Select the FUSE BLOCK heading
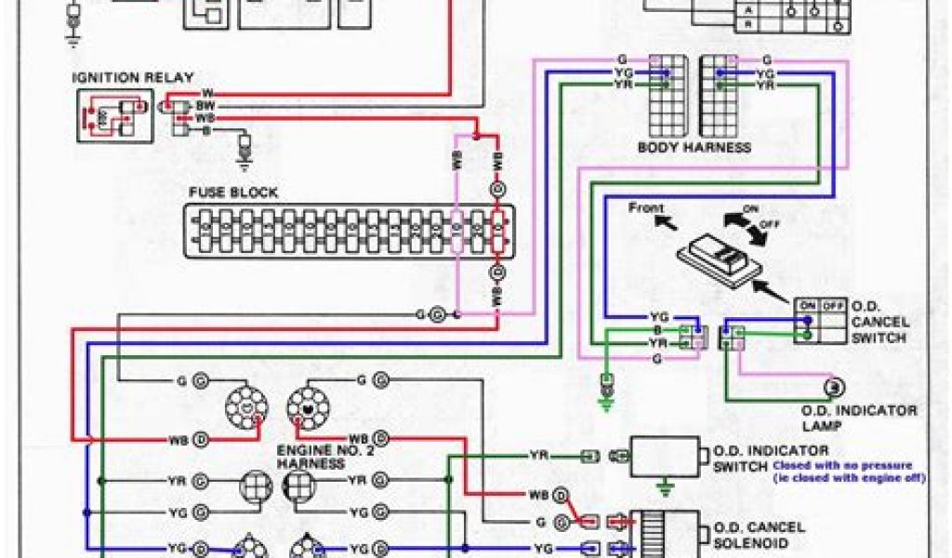click(233, 193)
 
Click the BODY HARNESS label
click(694, 148)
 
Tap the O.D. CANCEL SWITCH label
click(879, 322)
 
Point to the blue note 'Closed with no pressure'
click(842, 465)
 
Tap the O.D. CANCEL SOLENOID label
click(759, 535)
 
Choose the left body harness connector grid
click(667, 97)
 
